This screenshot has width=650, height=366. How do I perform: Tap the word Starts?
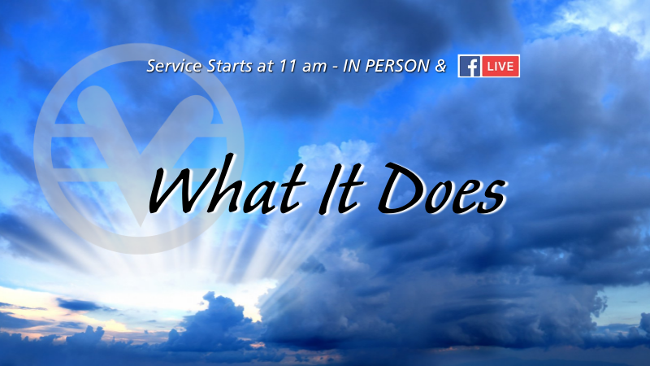(x=229, y=66)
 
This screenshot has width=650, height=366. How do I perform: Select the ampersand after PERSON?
(x=440, y=66)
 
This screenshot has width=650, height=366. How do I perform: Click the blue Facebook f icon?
(x=470, y=67)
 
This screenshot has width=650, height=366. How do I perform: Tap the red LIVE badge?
(x=500, y=67)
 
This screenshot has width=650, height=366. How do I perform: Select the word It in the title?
(x=341, y=188)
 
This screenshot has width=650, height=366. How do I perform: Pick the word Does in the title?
(x=442, y=188)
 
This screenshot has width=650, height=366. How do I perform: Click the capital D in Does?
(x=401, y=188)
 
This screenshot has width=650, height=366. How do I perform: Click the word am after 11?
(x=314, y=68)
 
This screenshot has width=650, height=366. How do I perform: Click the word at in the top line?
(x=266, y=67)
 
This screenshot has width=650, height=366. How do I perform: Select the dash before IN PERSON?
(x=334, y=68)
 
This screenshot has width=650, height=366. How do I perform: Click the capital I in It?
(x=332, y=188)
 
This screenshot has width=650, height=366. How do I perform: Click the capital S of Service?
(x=152, y=66)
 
